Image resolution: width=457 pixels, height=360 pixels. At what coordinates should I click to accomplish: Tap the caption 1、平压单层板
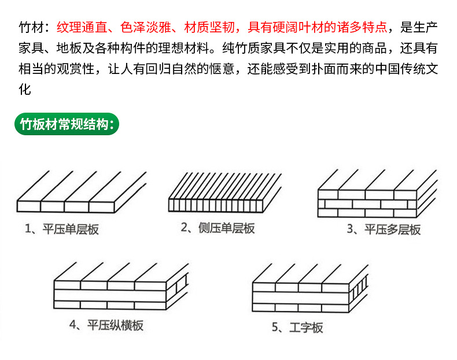(x=62, y=229)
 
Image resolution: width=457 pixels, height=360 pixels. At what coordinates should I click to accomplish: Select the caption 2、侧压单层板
(x=218, y=228)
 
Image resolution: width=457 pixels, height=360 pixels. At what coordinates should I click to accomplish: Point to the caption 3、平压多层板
(x=384, y=229)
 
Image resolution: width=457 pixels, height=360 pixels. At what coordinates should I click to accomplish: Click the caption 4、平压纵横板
(x=106, y=325)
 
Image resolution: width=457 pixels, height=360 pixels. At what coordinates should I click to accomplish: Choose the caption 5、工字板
(x=297, y=328)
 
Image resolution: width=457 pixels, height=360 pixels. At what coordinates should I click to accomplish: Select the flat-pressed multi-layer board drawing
(x=376, y=194)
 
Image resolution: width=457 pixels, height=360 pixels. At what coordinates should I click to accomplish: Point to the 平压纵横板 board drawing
(x=121, y=288)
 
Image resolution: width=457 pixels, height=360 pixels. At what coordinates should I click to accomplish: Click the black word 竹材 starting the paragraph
(x=32, y=27)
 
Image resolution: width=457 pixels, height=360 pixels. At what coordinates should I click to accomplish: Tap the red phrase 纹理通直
(x=82, y=27)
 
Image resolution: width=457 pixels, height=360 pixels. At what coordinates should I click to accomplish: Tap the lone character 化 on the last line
(x=25, y=90)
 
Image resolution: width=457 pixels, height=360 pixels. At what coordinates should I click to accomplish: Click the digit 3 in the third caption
(x=350, y=229)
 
